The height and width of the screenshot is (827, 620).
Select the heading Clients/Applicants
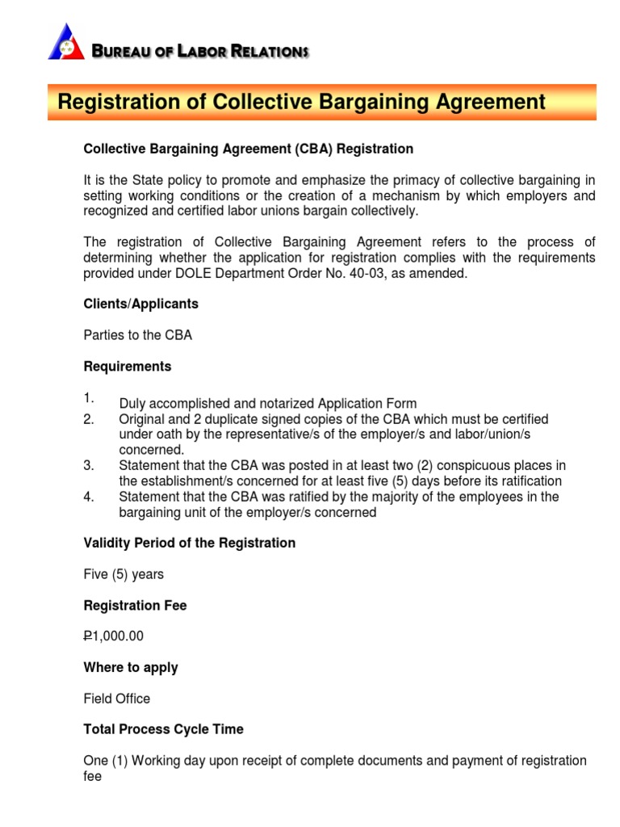(141, 304)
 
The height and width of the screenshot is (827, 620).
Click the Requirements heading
(128, 367)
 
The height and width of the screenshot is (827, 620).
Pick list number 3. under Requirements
(89, 466)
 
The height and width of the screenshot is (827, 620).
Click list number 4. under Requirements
(89, 497)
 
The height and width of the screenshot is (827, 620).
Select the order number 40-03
(392, 273)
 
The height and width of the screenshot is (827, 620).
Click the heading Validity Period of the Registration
(190, 544)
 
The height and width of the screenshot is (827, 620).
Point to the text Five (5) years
(124, 574)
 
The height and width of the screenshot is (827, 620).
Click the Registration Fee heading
(136, 606)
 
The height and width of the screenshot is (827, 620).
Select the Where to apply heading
(131, 668)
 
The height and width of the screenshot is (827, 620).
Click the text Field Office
(117, 699)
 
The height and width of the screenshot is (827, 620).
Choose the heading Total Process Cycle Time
(164, 729)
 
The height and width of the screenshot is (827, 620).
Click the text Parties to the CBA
(138, 335)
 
